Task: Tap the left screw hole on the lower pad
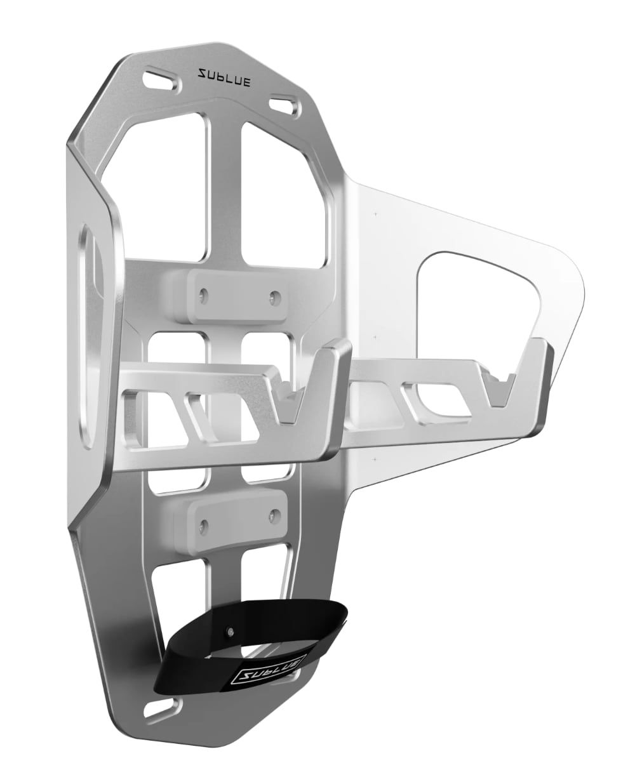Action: coord(203,524)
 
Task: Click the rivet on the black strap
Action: coord(229,632)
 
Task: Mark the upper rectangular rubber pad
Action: coord(238,295)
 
